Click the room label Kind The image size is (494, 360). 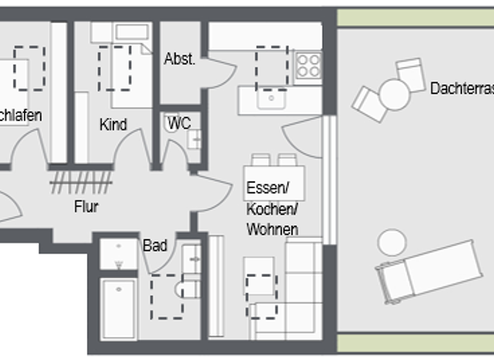pyautogui.click(x=113, y=124)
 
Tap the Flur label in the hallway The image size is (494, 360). pyautogui.click(x=86, y=207)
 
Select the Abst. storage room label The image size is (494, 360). pyautogui.click(x=179, y=59)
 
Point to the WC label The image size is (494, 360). pyautogui.click(x=179, y=122)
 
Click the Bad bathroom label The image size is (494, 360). pyautogui.click(x=155, y=245)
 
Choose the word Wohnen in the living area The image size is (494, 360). pyautogui.click(x=272, y=229)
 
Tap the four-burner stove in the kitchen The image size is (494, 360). pyautogui.click(x=308, y=65)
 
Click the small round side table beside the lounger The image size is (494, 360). pyautogui.click(x=392, y=242)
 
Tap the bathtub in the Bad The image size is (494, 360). pyautogui.click(x=118, y=308)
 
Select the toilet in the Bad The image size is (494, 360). pyautogui.click(x=188, y=287)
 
